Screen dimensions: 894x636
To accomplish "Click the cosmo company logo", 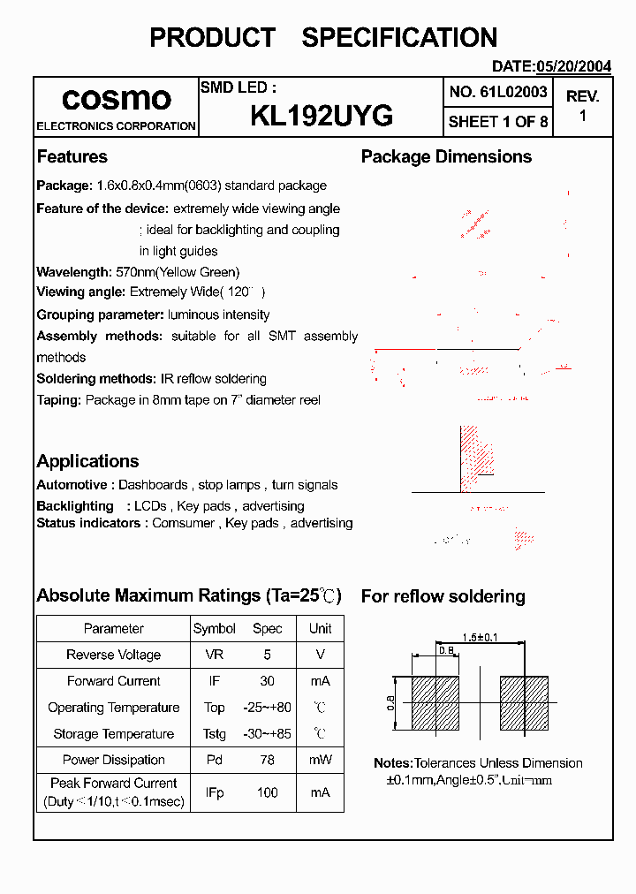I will (116, 98).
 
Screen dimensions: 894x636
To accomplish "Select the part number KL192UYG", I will (322, 117).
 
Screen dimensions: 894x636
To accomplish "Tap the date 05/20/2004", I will (574, 66).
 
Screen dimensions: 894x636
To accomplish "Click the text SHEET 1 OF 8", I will (498, 122).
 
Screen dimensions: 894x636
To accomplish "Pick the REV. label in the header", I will (582, 96).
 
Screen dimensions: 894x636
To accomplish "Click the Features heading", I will (72, 157).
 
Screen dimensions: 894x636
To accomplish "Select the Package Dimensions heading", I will (446, 157).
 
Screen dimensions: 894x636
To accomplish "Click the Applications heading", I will (87, 461).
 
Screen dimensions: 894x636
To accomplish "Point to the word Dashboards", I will (153, 485).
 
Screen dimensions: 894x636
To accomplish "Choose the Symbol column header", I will (214, 629).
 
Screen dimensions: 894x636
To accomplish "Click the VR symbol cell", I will (214, 655).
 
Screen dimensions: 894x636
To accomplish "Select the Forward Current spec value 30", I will (267, 681).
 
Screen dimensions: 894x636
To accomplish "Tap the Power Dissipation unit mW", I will (320, 760).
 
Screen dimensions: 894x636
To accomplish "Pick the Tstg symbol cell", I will (214, 734).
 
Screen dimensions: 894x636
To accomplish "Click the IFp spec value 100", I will (267, 792).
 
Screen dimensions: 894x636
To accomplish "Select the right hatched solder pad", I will (525, 703).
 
